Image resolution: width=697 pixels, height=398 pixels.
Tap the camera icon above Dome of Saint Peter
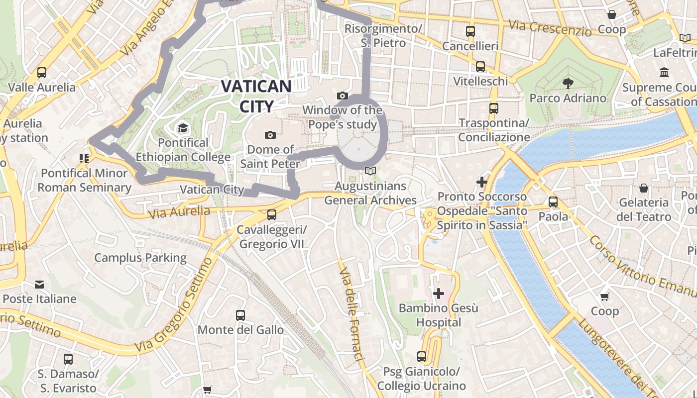[x=270, y=135]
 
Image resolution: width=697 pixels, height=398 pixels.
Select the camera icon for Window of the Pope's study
[x=343, y=96]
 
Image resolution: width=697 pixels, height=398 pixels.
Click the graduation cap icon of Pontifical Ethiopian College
[x=183, y=128]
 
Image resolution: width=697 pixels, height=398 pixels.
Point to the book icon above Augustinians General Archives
[x=370, y=171]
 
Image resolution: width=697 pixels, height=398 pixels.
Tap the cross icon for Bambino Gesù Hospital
[x=438, y=294]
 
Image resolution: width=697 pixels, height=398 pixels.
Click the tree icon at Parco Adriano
[x=568, y=83]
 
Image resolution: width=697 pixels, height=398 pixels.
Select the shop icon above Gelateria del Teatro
[x=644, y=188]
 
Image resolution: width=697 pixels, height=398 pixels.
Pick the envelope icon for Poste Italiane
[x=39, y=285]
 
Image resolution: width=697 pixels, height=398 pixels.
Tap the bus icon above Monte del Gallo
[x=240, y=315]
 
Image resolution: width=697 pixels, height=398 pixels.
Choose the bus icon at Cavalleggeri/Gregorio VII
[x=271, y=215]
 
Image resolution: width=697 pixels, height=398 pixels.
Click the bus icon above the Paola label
[x=553, y=202]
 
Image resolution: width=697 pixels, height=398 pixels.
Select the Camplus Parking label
[x=140, y=258]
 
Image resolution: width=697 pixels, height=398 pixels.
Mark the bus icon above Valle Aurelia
[x=42, y=73]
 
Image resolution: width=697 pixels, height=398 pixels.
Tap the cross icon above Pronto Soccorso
[x=481, y=182]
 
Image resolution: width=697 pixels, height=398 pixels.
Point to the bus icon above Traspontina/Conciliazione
[x=493, y=108]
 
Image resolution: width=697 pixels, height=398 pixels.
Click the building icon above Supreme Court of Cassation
[x=664, y=73]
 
